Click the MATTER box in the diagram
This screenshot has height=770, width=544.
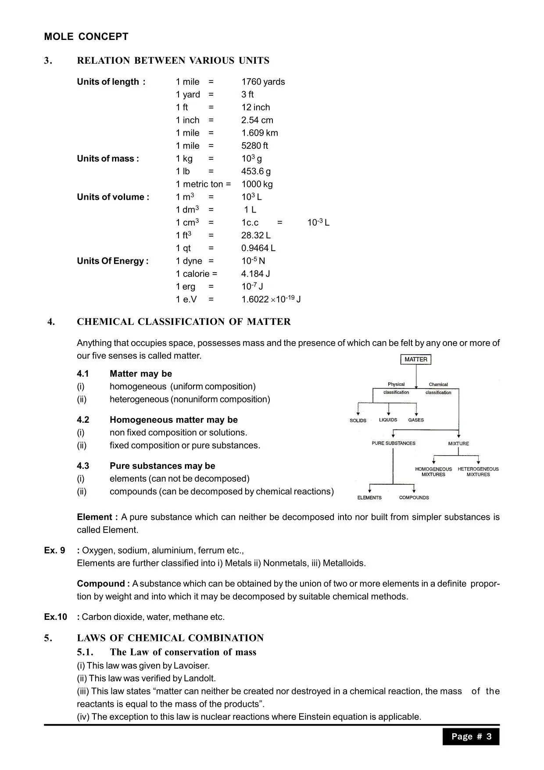click(415, 360)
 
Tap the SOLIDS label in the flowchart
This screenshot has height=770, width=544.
click(358, 421)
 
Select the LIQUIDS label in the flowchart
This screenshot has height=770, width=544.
click(388, 420)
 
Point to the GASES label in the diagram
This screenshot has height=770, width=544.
click(416, 420)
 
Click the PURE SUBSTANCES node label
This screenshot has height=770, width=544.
click(393, 443)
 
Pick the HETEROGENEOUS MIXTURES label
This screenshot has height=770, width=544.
click(478, 472)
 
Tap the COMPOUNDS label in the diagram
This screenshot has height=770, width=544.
click(414, 498)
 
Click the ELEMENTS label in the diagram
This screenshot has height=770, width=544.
click(369, 498)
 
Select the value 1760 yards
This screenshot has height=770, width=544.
click(263, 82)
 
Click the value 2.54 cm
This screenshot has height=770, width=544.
click(257, 120)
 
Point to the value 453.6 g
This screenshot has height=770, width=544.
click(256, 172)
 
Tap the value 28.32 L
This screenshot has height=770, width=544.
click(256, 236)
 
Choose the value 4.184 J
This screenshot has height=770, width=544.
click(255, 274)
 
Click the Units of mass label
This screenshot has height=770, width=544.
click(108, 159)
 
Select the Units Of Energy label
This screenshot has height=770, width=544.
click(113, 261)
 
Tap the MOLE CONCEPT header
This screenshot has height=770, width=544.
click(86, 37)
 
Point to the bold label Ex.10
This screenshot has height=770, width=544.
click(55, 617)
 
